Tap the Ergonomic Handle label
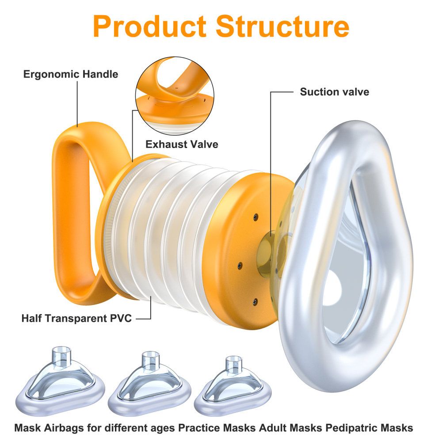[x=71, y=74]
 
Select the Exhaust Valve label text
[x=182, y=144]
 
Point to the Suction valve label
[x=334, y=92]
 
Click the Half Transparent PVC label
[x=76, y=318]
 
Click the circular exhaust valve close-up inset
[x=174, y=97]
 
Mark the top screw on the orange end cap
[x=255, y=217]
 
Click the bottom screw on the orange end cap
[x=255, y=301]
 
